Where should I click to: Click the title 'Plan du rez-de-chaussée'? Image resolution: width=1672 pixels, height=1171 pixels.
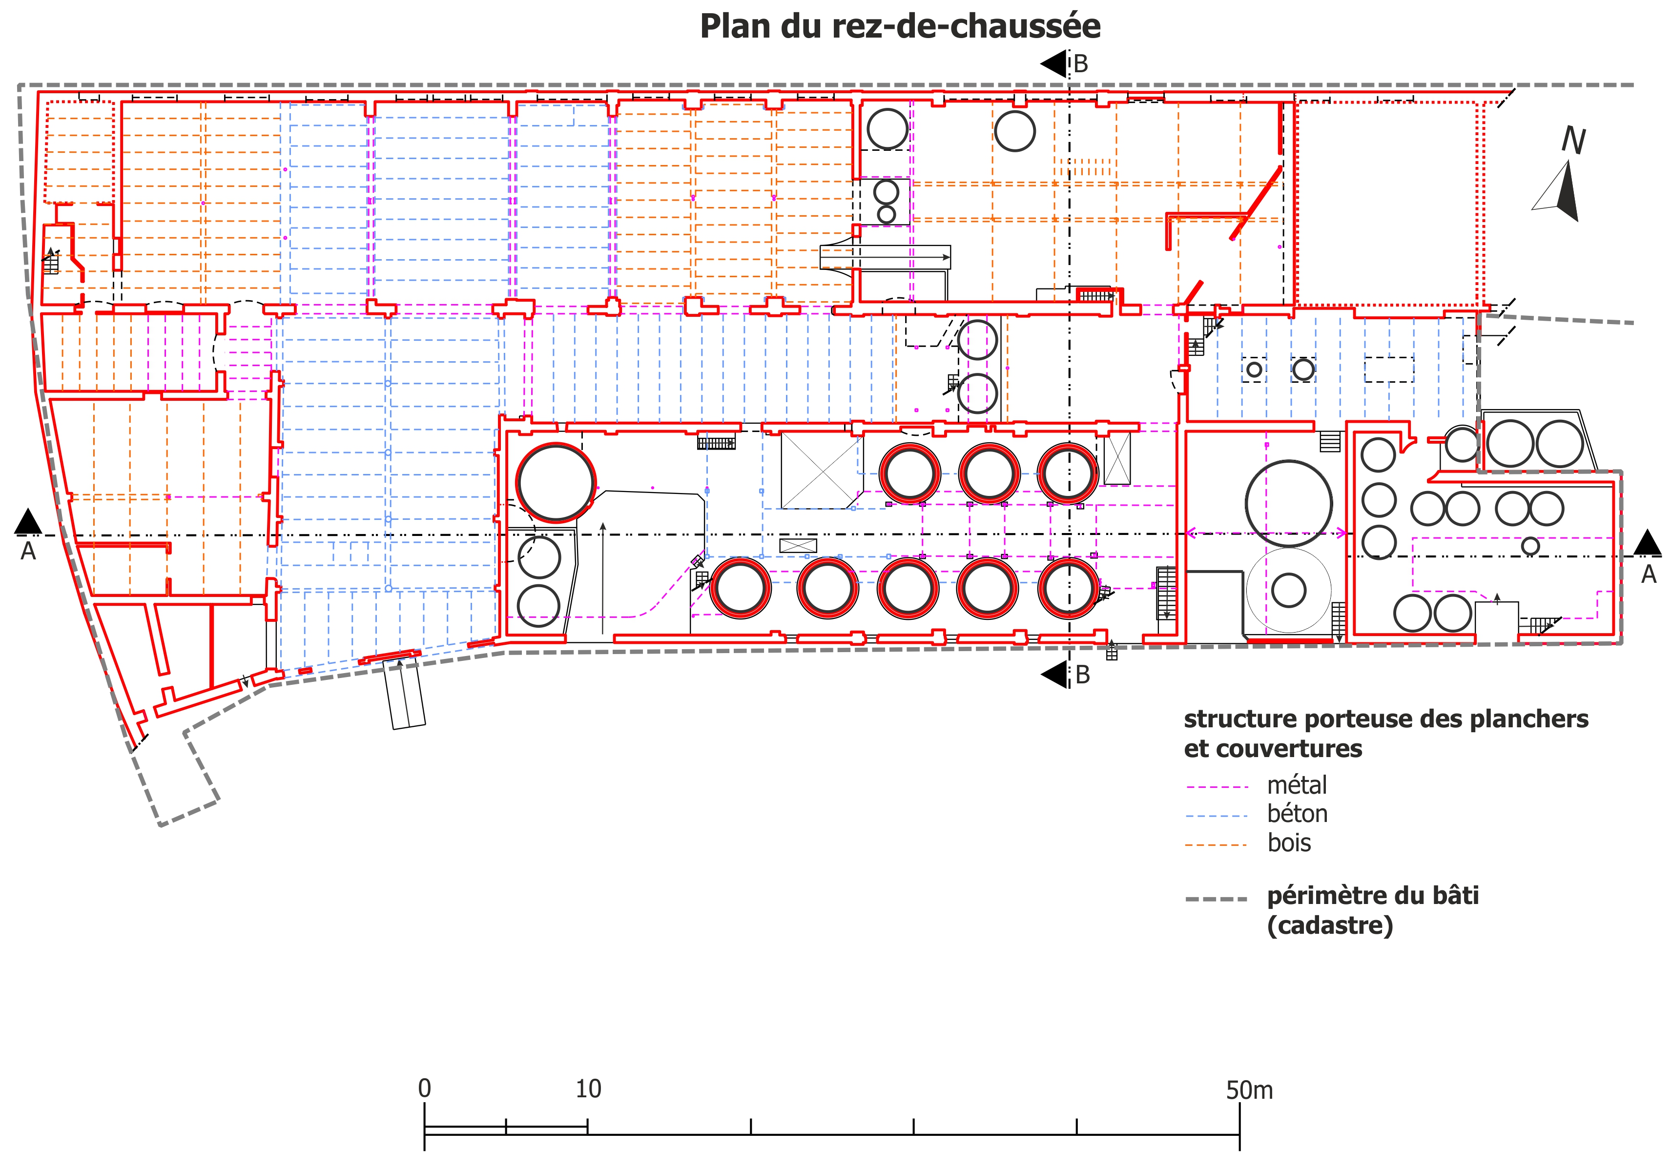click(x=900, y=26)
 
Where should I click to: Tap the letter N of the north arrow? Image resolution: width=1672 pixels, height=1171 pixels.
click(x=1574, y=141)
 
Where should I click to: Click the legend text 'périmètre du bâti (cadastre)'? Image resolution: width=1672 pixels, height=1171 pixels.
click(x=1373, y=910)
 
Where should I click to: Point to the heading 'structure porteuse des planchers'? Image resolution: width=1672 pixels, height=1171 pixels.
click(x=1386, y=719)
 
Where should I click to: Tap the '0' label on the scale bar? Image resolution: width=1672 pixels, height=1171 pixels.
click(x=425, y=1089)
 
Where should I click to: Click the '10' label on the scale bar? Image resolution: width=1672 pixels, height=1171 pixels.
click(x=588, y=1089)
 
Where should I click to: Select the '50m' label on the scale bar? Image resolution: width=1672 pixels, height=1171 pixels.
click(x=1250, y=1090)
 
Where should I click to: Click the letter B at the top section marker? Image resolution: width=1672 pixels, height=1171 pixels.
click(x=1081, y=64)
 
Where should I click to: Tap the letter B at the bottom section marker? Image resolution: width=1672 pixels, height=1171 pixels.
click(x=1083, y=675)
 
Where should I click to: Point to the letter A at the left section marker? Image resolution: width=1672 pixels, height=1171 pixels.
click(x=28, y=551)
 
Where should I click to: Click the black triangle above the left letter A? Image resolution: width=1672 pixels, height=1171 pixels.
click(x=28, y=521)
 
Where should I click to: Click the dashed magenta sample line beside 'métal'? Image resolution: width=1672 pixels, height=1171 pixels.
click(x=1218, y=786)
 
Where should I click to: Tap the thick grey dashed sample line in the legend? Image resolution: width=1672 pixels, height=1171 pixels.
click(x=1217, y=900)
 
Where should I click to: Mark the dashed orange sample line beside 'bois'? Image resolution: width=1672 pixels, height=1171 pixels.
click(x=1218, y=845)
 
